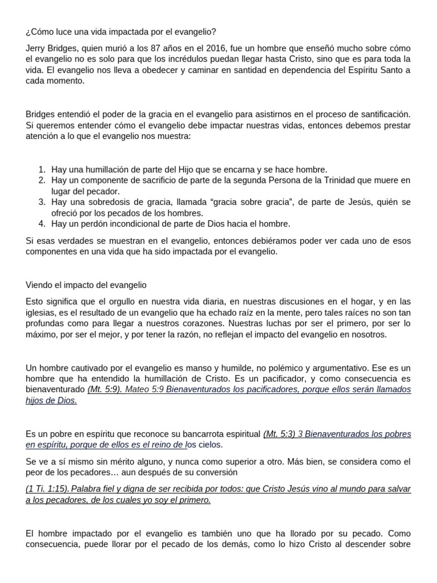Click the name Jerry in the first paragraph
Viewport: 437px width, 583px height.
(x=37, y=49)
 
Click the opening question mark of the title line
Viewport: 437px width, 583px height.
(x=28, y=31)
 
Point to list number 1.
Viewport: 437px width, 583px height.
(x=42, y=170)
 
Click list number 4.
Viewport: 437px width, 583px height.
(x=42, y=223)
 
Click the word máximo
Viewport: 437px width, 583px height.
(x=42, y=334)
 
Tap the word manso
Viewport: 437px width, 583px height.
(x=191, y=368)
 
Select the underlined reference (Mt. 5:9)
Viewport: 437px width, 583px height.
(x=104, y=389)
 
